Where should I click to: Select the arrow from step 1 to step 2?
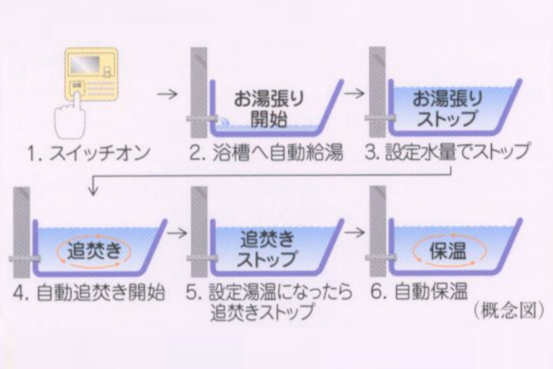pos(169,94)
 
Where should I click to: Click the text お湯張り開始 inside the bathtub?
pos(270,108)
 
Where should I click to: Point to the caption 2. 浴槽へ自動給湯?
pos(270,154)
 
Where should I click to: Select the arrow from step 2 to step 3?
pos(355,94)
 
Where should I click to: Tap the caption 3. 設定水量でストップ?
pos(449,154)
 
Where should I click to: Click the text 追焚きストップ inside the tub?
pos(268,249)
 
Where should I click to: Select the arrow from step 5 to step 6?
pos(355,232)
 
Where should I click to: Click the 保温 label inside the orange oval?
pos(448,249)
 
